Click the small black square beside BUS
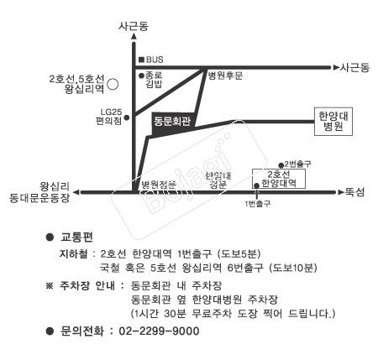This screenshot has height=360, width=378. [x=141, y=60]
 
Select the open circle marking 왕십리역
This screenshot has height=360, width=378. [x=122, y=84]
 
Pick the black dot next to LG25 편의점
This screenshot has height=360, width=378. [x=127, y=118]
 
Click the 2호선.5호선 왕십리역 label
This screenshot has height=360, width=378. [x=81, y=83]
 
